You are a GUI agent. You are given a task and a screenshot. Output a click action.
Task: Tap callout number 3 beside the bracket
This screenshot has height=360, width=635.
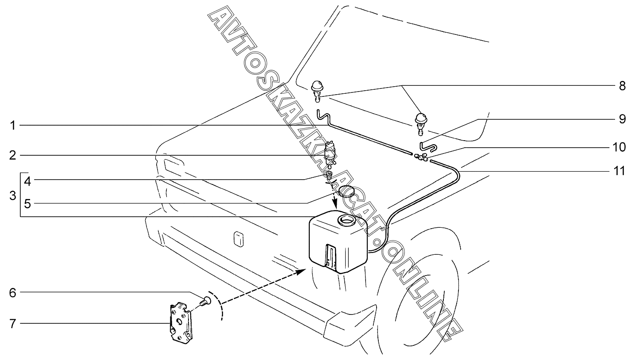12,195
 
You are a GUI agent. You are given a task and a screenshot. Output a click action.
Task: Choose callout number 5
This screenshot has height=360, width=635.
27,204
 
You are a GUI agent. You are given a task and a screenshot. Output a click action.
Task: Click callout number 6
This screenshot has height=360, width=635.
13,292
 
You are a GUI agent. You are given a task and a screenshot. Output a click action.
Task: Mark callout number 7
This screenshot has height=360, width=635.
13,324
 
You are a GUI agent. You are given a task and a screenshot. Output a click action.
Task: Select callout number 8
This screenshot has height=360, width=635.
622,86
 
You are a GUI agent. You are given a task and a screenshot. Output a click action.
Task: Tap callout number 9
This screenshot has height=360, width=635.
622,119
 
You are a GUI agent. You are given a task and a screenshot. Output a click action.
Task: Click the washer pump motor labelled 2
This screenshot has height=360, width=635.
330,153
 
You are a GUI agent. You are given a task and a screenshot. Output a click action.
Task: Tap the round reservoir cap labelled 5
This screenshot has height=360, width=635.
346,192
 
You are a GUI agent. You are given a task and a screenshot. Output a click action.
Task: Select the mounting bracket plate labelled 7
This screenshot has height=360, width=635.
181,322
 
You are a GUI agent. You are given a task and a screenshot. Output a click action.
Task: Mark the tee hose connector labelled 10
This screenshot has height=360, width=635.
421,157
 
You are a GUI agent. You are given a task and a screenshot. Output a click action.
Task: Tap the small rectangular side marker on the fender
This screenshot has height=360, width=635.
239,239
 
